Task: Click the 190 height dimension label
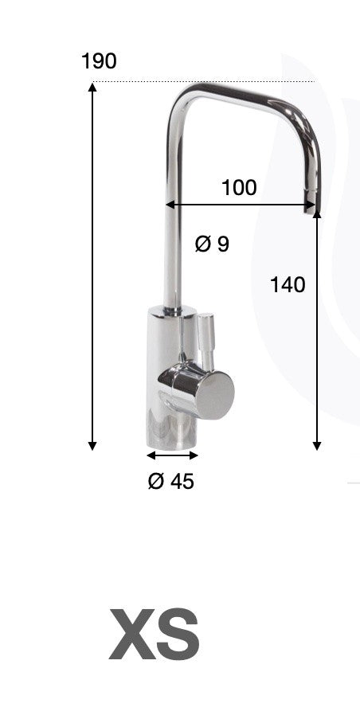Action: tap(99, 61)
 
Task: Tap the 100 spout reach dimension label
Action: tap(239, 188)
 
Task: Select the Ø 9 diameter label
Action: tap(212, 244)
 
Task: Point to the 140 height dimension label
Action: tap(288, 284)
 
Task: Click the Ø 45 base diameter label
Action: tap(170, 481)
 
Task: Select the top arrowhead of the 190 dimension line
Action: tap(92, 88)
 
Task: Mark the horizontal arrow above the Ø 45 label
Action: tap(172, 455)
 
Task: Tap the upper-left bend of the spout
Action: tap(182, 97)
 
